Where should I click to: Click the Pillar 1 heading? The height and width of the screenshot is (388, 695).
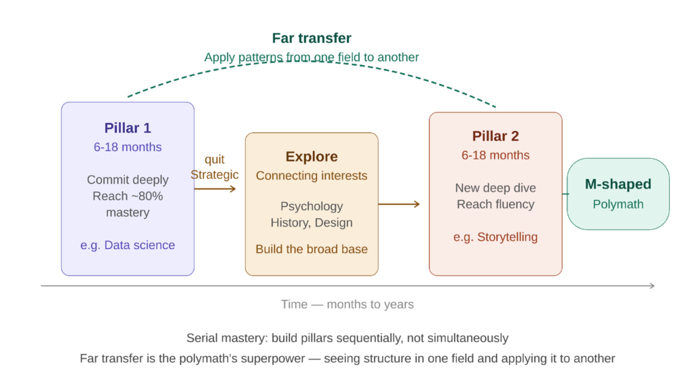128,128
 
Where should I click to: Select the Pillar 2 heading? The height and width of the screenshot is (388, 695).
495,136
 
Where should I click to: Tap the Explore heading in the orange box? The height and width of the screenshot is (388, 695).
312,157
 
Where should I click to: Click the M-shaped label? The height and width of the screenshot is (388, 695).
618,185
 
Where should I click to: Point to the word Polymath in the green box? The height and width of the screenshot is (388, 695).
618,204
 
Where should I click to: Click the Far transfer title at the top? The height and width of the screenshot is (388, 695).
312,39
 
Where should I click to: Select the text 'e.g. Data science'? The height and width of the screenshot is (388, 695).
128,246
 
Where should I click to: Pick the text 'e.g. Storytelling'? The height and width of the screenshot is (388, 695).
495,237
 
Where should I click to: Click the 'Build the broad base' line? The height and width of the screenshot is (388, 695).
312,250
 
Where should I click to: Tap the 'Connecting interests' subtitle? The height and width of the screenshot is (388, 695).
312,176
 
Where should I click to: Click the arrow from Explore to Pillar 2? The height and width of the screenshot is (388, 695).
400,203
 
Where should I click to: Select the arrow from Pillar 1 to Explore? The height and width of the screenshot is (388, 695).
216,189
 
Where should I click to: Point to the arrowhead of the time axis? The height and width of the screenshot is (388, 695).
652,286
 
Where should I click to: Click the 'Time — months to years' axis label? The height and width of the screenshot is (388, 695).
347,305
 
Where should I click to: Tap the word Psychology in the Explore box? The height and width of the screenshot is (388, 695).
312,206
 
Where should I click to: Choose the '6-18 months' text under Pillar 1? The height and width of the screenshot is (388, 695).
128,147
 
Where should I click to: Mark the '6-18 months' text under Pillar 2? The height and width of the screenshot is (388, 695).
495,155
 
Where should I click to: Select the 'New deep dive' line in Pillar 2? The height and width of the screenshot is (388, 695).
495,188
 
